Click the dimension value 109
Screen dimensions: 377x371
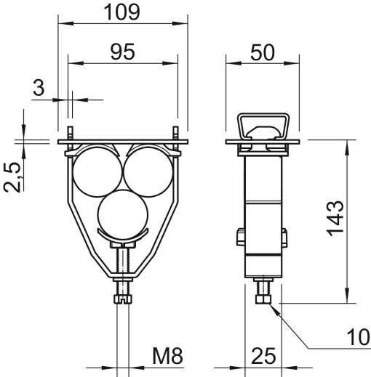(121, 12)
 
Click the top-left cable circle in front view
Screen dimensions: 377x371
(96, 171)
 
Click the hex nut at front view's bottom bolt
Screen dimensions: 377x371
(122, 298)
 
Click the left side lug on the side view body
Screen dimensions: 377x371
(240, 237)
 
